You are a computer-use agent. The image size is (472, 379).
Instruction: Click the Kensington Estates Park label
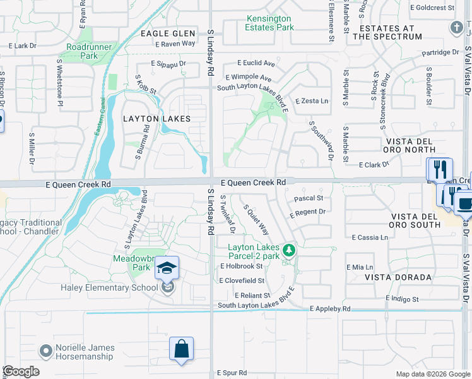tap(269, 23)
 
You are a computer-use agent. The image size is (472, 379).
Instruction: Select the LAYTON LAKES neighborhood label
tap(151, 118)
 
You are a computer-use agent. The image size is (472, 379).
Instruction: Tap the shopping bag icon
tap(181, 349)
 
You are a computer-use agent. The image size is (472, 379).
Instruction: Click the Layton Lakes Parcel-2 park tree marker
tap(289, 251)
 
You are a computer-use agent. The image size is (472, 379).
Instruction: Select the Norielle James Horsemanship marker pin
tap(45, 350)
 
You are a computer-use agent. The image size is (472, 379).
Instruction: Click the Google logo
tap(21, 371)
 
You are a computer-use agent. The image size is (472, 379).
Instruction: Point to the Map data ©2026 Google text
tap(432, 374)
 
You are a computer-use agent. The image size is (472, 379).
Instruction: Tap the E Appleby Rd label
tap(330, 309)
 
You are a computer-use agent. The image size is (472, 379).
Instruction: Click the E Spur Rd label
tap(232, 373)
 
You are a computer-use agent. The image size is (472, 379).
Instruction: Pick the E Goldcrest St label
tap(432, 8)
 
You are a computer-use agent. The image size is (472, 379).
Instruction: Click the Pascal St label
tap(309, 198)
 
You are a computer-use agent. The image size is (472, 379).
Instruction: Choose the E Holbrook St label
tap(241, 266)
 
